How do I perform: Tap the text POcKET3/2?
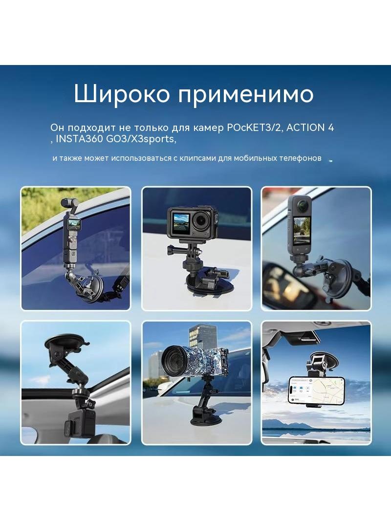click(x=254, y=128)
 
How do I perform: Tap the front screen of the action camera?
click(x=180, y=222)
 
